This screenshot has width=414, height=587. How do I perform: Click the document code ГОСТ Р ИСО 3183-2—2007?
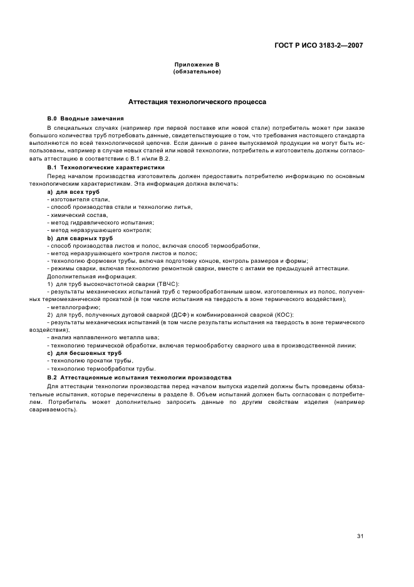click(319, 45)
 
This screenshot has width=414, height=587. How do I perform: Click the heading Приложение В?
click(196, 65)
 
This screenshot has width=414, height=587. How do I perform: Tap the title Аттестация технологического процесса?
click(197, 101)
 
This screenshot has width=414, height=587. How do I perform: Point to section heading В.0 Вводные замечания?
click(85, 119)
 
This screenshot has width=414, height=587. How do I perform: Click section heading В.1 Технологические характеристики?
click(106, 167)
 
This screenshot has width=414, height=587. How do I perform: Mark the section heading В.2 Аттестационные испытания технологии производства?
click(139, 378)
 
